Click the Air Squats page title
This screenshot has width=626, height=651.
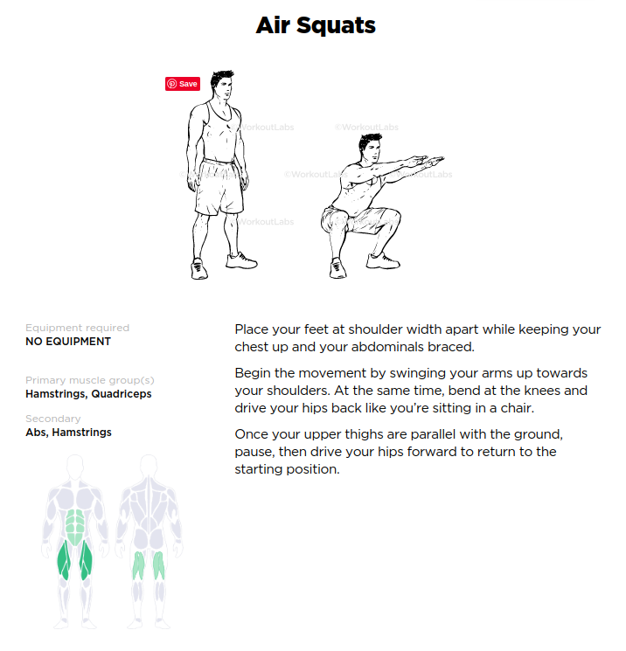(316, 25)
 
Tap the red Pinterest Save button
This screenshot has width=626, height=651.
(183, 84)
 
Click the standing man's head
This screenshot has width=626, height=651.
(222, 85)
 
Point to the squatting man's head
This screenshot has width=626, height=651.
(369, 149)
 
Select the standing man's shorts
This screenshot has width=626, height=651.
(219, 186)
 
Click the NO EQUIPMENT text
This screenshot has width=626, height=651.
(68, 342)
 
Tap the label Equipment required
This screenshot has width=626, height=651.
(77, 328)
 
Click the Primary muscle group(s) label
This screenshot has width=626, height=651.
(90, 380)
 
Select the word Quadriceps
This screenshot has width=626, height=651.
(122, 394)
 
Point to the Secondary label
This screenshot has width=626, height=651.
(53, 419)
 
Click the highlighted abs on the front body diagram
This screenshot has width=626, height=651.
(75, 526)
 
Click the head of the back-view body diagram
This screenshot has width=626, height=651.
(149, 465)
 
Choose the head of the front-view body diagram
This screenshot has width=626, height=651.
(75, 465)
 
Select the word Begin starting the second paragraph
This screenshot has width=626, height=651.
(253, 373)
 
